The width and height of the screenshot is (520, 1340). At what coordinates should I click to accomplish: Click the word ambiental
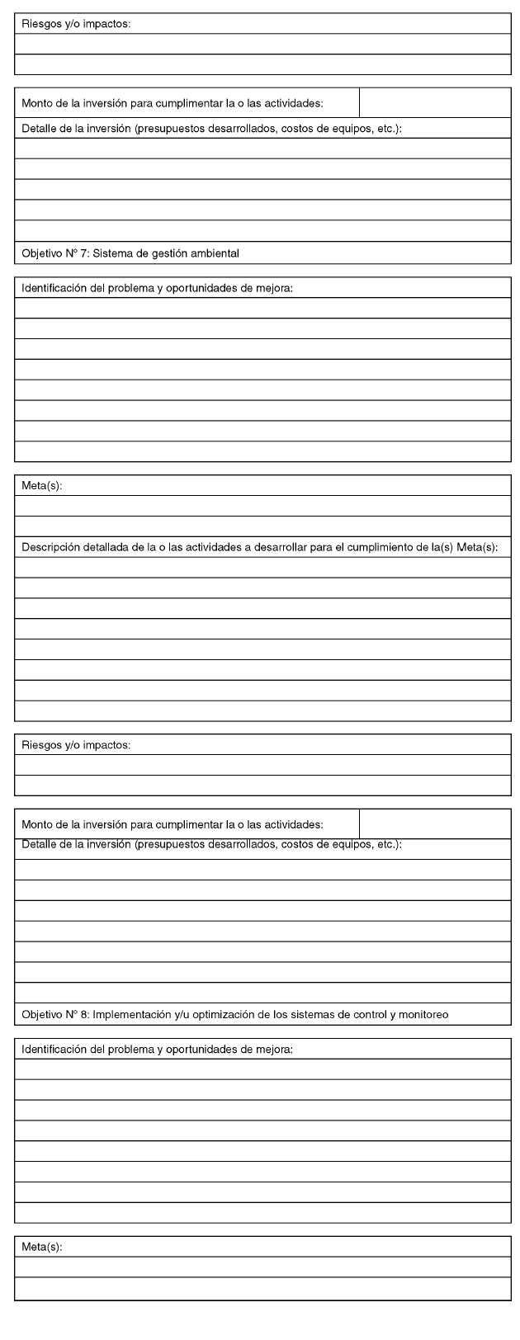coord(213,253)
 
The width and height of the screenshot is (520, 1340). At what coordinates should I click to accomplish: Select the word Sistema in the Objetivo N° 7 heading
coord(112,253)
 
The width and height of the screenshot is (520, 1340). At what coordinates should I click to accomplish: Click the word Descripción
coord(50,547)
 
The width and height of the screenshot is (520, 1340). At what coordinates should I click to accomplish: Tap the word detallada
coord(105,547)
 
